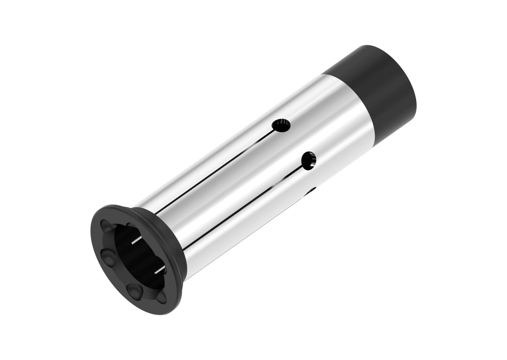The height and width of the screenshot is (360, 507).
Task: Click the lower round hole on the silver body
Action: point(309,160)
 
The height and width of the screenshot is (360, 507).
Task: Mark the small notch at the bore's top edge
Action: point(130,224)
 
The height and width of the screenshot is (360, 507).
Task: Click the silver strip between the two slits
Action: point(222,193)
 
